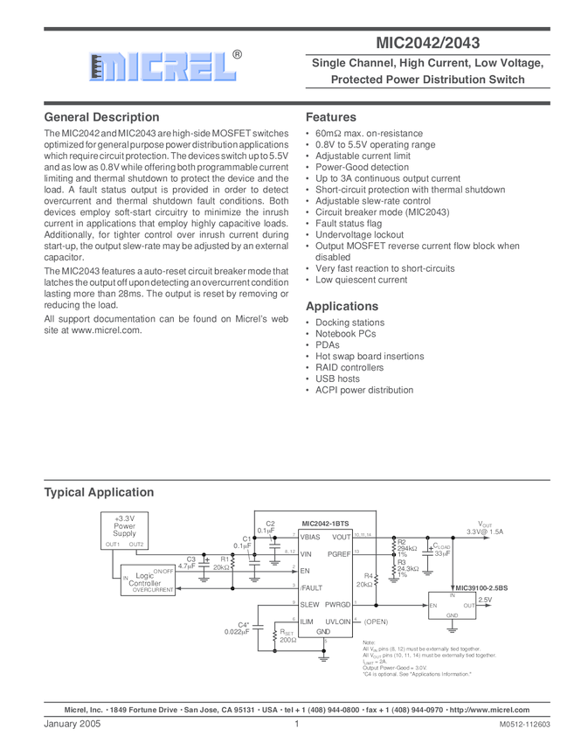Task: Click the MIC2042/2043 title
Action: pos(427,42)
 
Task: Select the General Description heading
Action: pos(101,117)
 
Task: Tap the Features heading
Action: pos(330,117)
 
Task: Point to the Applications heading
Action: pos(342,307)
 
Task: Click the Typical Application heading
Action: pos(99,492)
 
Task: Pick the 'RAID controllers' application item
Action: pos(349,368)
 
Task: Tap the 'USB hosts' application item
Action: pos(337,379)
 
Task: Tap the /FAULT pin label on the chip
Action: pos(311,588)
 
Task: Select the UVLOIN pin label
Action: pos(337,621)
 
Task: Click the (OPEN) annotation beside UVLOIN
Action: pos(375,621)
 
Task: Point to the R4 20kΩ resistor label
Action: pos(364,580)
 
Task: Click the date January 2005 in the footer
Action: pos(73,726)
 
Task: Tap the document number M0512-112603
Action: pos(525,726)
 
